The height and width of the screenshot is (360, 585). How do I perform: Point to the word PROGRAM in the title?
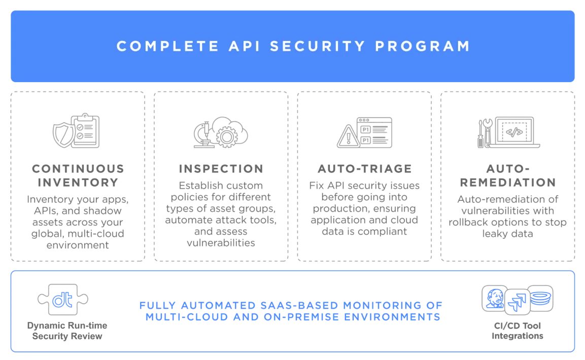coord(422,46)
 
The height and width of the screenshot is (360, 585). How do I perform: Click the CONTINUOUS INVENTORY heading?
coord(77,175)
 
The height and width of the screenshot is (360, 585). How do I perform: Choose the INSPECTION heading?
coord(221,168)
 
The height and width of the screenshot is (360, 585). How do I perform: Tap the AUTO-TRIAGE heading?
coord(365,168)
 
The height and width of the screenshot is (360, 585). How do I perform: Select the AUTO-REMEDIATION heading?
coord(507,175)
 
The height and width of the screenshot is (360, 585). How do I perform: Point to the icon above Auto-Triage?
coord(365,130)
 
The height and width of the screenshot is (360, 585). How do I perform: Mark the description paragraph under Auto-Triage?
coord(365,208)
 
